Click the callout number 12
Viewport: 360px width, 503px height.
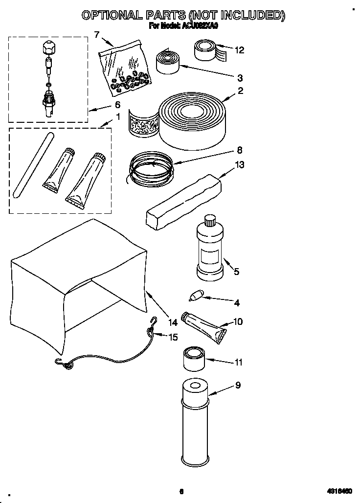click(x=239, y=50)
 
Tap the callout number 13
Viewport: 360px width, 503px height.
click(x=240, y=165)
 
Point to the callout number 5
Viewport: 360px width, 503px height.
click(x=236, y=272)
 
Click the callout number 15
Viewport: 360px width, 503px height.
click(x=173, y=337)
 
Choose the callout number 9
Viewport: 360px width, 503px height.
click(x=238, y=385)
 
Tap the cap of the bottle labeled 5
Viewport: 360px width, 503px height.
click(x=211, y=220)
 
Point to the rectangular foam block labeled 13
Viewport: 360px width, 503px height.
click(x=183, y=201)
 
